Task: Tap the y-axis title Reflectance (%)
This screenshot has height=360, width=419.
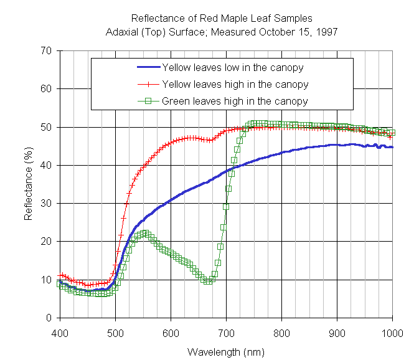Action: pyautogui.click(x=29, y=184)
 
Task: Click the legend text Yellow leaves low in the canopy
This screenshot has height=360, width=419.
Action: pyautogui.click(x=233, y=67)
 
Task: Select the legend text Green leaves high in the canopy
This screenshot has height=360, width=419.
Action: pyautogui.click(x=235, y=100)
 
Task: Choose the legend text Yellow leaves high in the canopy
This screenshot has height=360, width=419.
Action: pyautogui.click(x=235, y=83)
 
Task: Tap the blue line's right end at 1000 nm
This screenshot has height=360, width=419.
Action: pyautogui.click(x=392, y=147)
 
